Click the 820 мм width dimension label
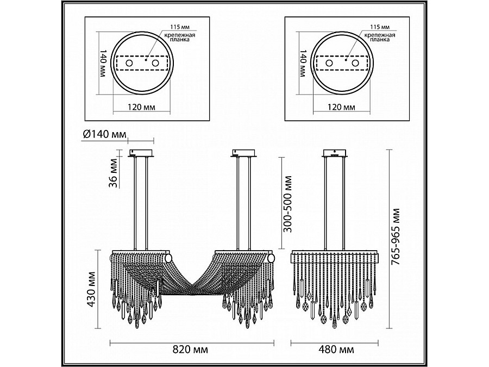tap(192, 349)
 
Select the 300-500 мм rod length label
tap(289, 203)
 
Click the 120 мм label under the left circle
tap(139, 107)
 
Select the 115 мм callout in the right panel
tap(379, 27)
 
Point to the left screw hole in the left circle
tap(129, 64)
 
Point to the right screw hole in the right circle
tap(355, 64)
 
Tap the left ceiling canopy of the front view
tap(141, 153)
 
